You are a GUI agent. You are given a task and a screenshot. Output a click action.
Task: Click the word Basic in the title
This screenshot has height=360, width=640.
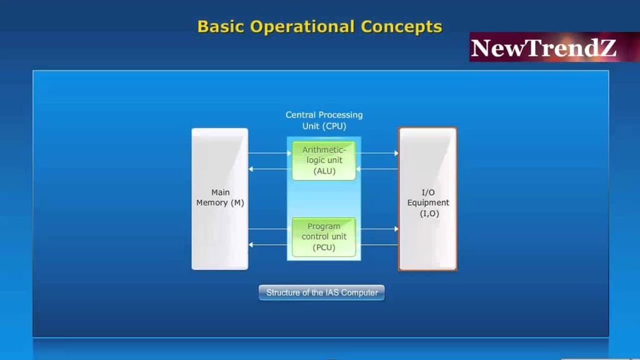(221, 27)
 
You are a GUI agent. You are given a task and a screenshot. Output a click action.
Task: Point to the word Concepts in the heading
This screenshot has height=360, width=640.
(401, 27)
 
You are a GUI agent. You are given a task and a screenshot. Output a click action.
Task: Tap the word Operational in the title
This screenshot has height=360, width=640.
(302, 27)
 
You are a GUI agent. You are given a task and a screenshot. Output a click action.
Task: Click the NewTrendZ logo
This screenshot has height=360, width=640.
(554, 47)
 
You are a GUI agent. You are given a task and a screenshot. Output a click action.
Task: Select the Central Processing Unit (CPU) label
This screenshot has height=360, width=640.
(324, 121)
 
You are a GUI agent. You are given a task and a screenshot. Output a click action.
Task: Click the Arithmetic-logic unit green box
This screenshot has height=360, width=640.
(324, 161)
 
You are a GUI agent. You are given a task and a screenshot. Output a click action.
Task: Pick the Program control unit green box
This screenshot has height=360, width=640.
(324, 237)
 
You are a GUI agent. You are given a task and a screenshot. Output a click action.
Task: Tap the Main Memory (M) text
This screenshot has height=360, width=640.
(220, 197)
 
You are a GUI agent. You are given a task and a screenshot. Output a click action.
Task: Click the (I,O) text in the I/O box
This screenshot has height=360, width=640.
(429, 214)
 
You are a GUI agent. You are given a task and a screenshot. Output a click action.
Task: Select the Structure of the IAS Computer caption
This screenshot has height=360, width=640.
(322, 292)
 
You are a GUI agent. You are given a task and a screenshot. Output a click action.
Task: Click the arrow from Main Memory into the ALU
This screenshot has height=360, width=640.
(270, 153)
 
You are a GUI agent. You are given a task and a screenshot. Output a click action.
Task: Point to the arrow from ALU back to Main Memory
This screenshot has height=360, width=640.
(270, 169)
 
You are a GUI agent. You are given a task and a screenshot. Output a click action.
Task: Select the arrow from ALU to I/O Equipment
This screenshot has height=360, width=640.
(377, 153)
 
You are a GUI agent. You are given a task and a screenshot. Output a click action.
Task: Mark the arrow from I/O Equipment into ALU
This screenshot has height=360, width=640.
(377, 169)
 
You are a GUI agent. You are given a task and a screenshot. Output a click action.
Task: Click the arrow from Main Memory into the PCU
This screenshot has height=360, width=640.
(270, 229)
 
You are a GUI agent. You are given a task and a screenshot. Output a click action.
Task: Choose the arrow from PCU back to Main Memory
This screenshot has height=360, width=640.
(270, 244)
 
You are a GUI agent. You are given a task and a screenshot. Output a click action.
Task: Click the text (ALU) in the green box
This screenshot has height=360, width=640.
(324, 171)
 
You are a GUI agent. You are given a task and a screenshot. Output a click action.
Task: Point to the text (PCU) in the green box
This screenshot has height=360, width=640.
(324, 247)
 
